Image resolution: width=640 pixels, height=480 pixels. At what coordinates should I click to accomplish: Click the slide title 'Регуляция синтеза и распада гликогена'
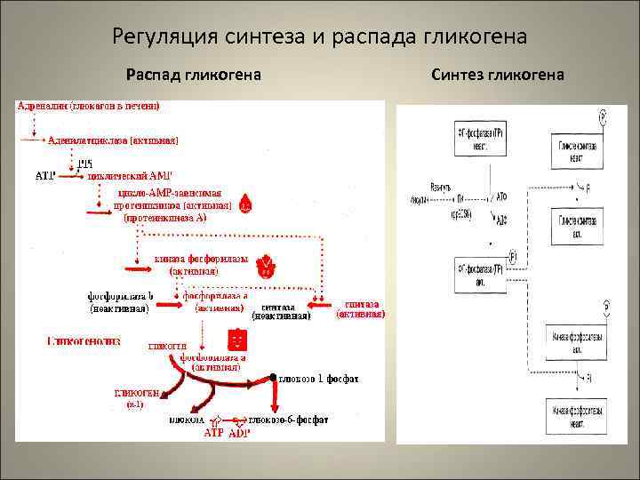click(x=320, y=37)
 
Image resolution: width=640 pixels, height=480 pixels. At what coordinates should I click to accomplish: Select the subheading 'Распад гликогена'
click(x=193, y=75)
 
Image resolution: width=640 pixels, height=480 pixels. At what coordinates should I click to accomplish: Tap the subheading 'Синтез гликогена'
click(x=498, y=75)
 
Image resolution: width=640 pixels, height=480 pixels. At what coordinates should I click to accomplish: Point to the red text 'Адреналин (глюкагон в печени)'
click(x=87, y=107)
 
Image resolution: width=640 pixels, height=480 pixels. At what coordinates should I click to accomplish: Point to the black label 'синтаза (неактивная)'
click(x=281, y=309)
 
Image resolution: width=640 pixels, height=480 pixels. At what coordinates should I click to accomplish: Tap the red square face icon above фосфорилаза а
click(x=237, y=339)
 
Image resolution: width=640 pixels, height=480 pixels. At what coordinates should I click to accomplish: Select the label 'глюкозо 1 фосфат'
click(x=319, y=379)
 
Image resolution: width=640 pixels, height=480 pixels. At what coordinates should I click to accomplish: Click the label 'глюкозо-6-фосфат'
click(x=289, y=420)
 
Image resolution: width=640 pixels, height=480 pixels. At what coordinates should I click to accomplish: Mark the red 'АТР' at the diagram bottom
click(x=214, y=432)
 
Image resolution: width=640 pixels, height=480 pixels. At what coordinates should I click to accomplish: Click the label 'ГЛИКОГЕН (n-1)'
click(x=135, y=398)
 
